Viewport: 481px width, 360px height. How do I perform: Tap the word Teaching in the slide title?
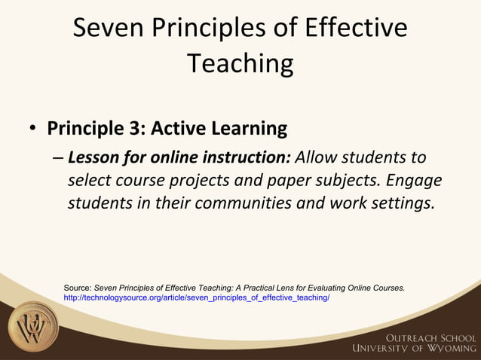[x=240, y=63]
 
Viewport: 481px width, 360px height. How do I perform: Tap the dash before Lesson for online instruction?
[x=59, y=159]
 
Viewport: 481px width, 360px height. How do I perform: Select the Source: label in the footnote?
[x=78, y=288]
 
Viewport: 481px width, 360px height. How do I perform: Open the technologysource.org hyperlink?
[x=196, y=297]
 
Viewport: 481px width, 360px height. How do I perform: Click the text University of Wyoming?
[x=413, y=347]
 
